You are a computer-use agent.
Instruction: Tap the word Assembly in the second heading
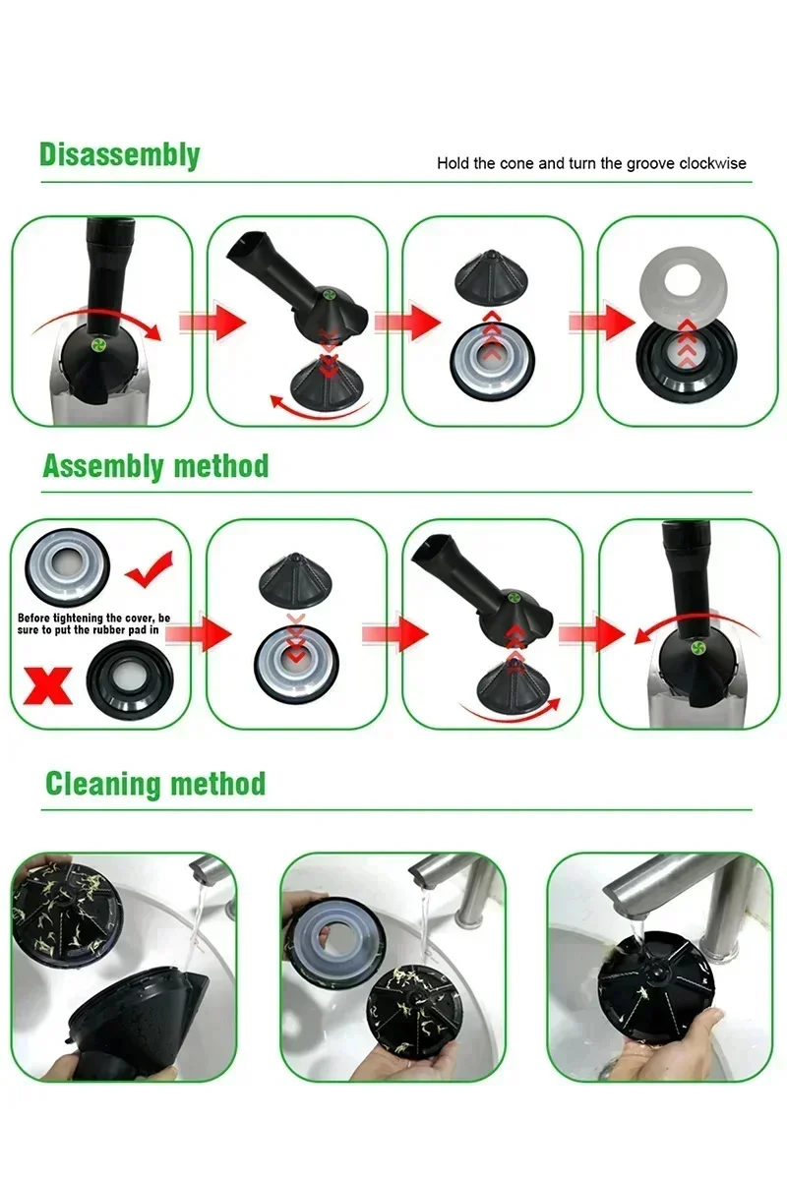point(102,466)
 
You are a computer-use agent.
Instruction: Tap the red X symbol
point(48,685)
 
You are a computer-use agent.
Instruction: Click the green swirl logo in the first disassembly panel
point(97,345)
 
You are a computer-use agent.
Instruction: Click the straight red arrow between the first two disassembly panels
point(212,322)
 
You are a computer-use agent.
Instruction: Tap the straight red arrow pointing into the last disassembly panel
point(602,322)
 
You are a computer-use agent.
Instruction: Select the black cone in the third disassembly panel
point(493,277)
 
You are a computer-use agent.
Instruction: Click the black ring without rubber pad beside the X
point(130,680)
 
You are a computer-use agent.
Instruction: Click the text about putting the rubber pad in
point(93,623)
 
